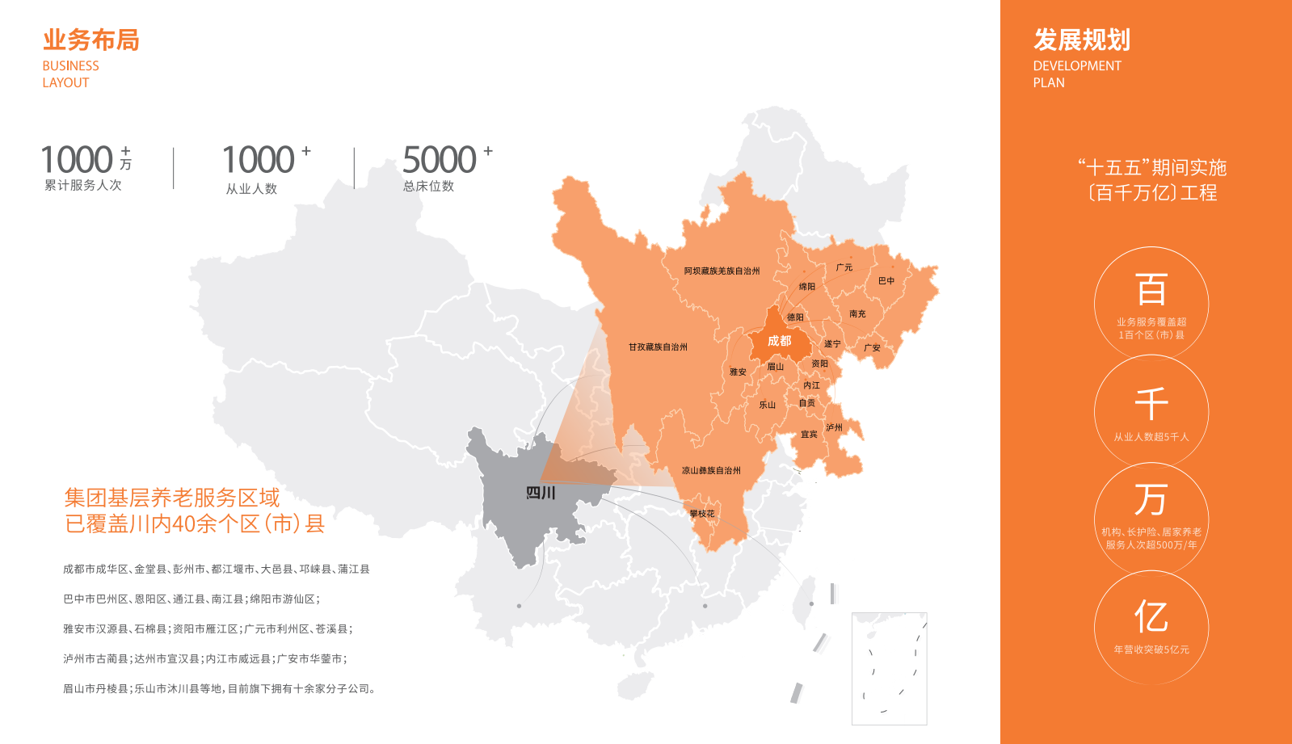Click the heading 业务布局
tap(90, 40)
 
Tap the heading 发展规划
tap(1081, 40)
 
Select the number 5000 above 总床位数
tap(440, 160)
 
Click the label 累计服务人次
tap(82, 185)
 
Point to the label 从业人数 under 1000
tap(251, 188)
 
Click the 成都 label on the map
tap(779, 341)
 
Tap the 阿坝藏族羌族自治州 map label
tap(722, 271)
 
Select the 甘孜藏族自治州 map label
tap(658, 347)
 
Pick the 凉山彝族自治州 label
tap(711, 470)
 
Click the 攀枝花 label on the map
tap(701, 514)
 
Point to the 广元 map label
tap(844, 267)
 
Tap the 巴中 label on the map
tap(886, 281)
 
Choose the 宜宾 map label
tap(809, 434)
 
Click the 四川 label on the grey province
tap(541, 493)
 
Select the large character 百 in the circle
tap(1151, 289)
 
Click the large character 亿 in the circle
tap(1151, 616)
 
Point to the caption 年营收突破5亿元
tap(1151, 649)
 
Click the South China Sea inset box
tap(889, 668)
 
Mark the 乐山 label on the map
tap(767, 405)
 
